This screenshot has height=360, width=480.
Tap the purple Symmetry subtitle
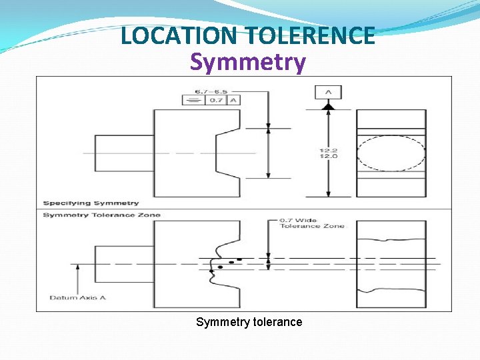[x=248, y=62]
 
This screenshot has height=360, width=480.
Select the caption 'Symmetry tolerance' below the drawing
[x=249, y=322]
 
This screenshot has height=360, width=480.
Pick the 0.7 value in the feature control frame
[x=216, y=101]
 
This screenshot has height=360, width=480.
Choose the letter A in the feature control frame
[x=233, y=101]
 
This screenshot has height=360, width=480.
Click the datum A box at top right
[x=329, y=92]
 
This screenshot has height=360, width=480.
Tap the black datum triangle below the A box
[x=329, y=106]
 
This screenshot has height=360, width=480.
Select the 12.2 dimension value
[x=328, y=150]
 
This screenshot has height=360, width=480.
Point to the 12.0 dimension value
[x=328, y=156]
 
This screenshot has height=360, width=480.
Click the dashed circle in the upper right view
[x=391, y=153]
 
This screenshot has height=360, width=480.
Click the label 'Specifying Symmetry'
[x=91, y=203]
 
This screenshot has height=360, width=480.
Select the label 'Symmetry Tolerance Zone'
[x=101, y=215]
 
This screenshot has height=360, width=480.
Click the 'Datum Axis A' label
[x=78, y=297]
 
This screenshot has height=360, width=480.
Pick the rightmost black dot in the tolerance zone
[x=239, y=259]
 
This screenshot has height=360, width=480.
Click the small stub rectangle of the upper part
[x=124, y=153]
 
